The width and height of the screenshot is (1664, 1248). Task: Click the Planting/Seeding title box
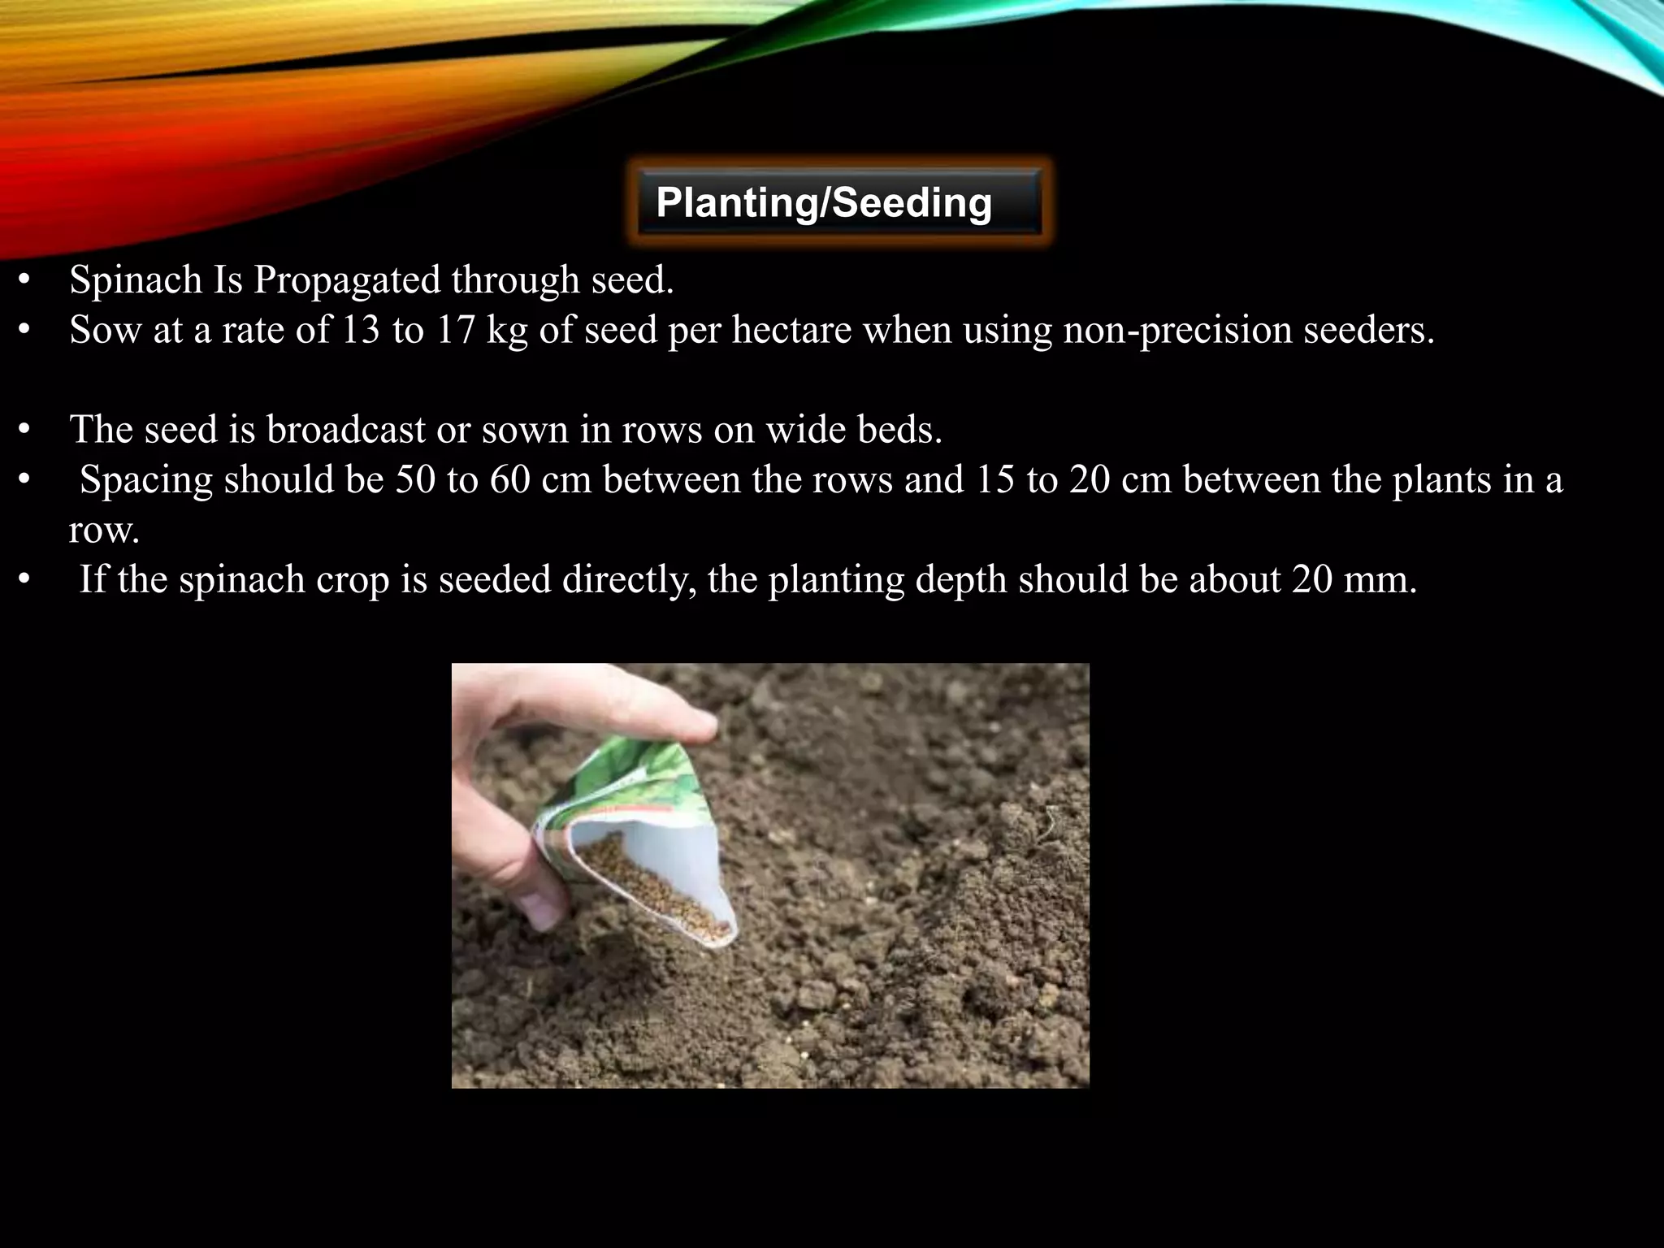(x=838, y=202)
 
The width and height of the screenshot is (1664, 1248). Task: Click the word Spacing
(x=146, y=480)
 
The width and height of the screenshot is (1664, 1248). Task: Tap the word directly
(x=629, y=580)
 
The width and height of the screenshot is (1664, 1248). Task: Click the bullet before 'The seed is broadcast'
(x=24, y=430)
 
